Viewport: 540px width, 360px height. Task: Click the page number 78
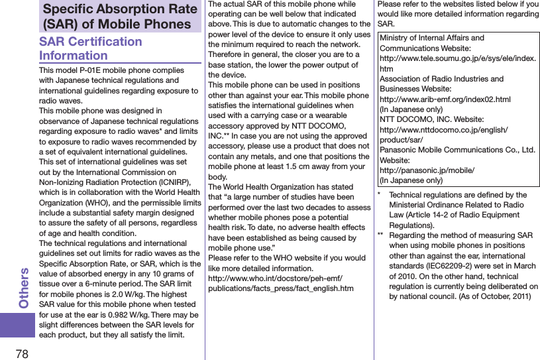[22, 350]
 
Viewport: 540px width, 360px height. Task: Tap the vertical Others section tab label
[25, 287]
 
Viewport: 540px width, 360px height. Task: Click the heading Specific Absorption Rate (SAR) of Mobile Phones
[120, 17]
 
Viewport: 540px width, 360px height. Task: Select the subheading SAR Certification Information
[91, 48]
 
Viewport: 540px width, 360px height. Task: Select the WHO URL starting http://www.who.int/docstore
[284, 278]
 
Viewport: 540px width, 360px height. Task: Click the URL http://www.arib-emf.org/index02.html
[445, 99]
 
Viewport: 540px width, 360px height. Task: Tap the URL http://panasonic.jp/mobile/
[426, 170]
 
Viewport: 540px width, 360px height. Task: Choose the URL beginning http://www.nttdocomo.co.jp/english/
[443, 130]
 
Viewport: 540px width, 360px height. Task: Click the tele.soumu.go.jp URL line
[457, 59]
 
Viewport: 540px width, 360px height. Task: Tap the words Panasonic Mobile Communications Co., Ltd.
[457, 150]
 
